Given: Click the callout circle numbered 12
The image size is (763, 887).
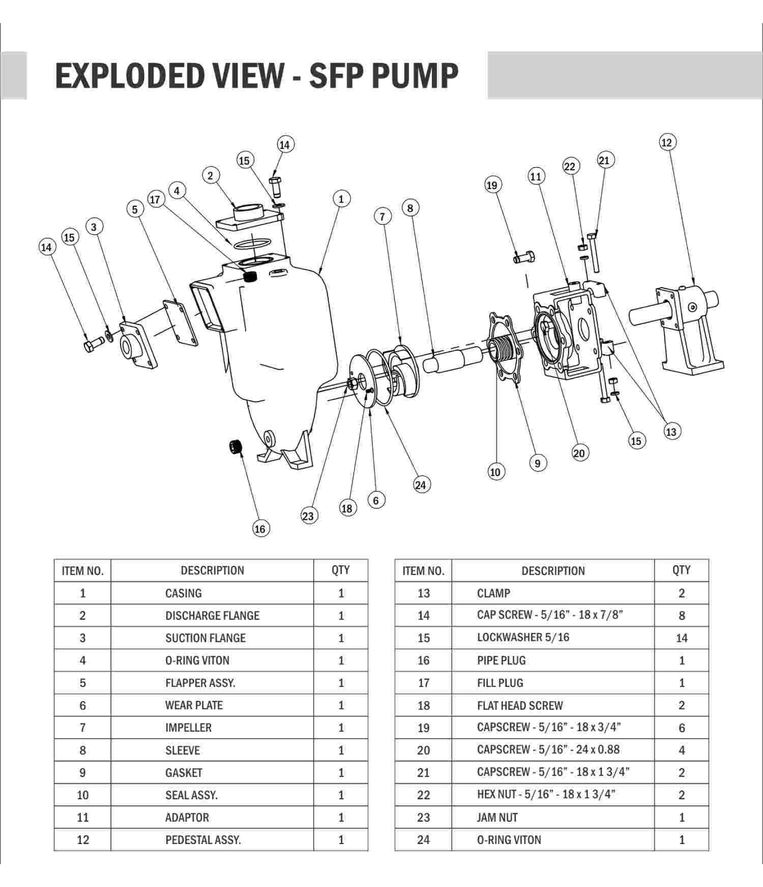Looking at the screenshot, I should click(x=667, y=143).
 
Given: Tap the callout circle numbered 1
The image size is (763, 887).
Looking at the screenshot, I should click(x=341, y=199).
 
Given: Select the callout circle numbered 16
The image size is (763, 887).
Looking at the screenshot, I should click(x=260, y=529).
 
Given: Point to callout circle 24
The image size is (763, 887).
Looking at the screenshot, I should click(x=420, y=485).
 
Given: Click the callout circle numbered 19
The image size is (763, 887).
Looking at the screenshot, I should click(x=492, y=185).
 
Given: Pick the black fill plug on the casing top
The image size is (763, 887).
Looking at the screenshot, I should click(x=249, y=276).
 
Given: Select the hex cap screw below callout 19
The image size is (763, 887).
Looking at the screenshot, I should click(x=524, y=258).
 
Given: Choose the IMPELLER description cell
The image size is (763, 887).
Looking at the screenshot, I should click(x=188, y=728).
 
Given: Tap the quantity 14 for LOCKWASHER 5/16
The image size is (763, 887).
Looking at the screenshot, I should click(x=681, y=638).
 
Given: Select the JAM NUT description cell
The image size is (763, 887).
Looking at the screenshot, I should click(x=497, y=817).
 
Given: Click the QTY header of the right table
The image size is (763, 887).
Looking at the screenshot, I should click(x=681, y=570).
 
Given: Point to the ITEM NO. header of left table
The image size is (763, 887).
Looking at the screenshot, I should click(x=83, y=571).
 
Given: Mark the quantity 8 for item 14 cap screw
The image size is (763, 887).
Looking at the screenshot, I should click(x=681, y=616).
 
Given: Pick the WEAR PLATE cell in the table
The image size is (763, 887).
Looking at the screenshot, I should click(x=194, y=705).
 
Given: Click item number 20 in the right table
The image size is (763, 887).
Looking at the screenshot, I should click(x=424, y=750).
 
